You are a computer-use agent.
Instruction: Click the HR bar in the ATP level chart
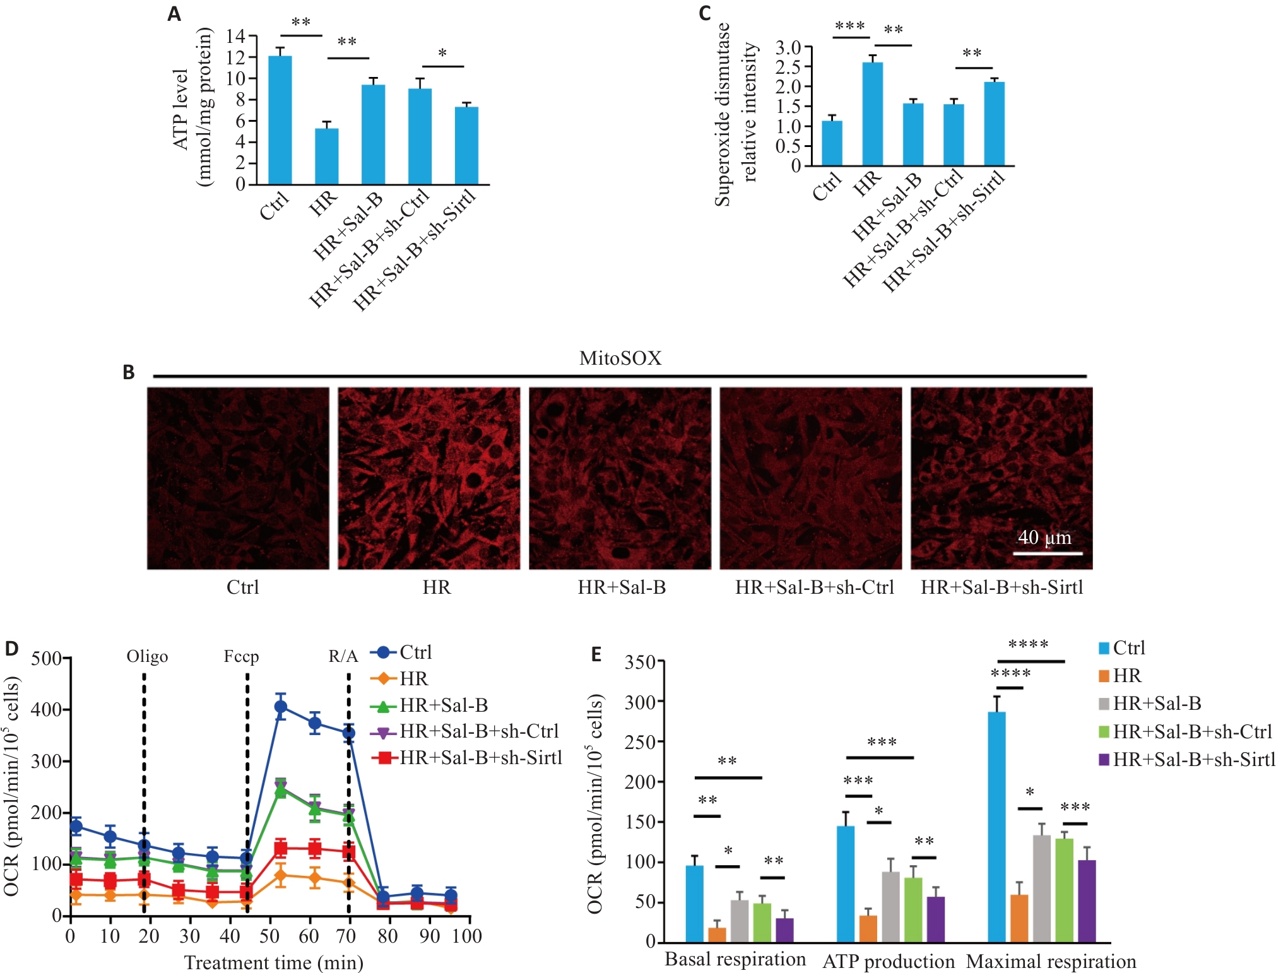[x=326, y=156]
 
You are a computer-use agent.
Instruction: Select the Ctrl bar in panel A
[x=280, y=120]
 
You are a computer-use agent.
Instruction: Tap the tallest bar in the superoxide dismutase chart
[x=872, y=114]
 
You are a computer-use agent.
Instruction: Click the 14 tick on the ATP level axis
[x=236, y=37]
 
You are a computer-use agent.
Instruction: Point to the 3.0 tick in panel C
[x=788, y=47]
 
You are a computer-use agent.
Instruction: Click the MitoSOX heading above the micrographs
[x=620, y=358]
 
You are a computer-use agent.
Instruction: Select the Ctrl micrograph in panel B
[x=239, y=478]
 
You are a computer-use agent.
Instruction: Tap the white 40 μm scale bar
[x=1048, y=553]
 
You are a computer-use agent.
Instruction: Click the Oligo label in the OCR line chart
[x=147, y=657]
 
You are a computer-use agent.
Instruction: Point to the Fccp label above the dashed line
[x=241, y=657]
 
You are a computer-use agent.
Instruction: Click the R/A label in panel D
[x=343, y=657]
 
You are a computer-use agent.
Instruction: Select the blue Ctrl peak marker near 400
[x=281, y=707]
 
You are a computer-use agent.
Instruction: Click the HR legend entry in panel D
[x=413, y=679]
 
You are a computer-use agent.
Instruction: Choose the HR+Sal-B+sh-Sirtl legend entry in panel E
[x=1193, y=759]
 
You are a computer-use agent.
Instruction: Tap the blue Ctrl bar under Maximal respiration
[x=996, y=827]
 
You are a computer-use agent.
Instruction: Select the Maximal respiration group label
[x=1051, y=962]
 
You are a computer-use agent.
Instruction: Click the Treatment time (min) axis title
[x=274, y=963]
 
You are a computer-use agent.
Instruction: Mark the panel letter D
[x=11, y=649]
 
